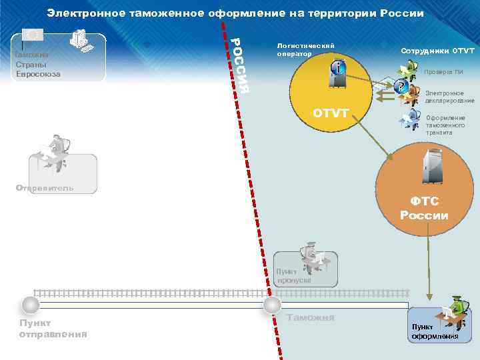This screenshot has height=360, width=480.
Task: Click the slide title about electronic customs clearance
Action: pos(235,13)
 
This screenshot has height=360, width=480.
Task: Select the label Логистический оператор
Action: pos(305,49)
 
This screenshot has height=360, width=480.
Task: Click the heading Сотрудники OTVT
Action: pos(437,51)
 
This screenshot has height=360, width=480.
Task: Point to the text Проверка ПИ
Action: pos(439,72)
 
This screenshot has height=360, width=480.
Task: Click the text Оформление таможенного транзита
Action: pos(445,125)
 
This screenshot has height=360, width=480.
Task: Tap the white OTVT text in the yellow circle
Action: pos(331,113)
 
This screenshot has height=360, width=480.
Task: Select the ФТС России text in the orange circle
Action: pos(424,208)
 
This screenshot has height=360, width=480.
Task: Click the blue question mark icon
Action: pos(400,87)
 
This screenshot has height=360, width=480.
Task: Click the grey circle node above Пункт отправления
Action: pos(30,305)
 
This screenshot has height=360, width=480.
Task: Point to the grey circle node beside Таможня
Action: pos(272,305)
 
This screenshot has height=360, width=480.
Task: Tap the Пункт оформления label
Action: pos(434,331)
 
